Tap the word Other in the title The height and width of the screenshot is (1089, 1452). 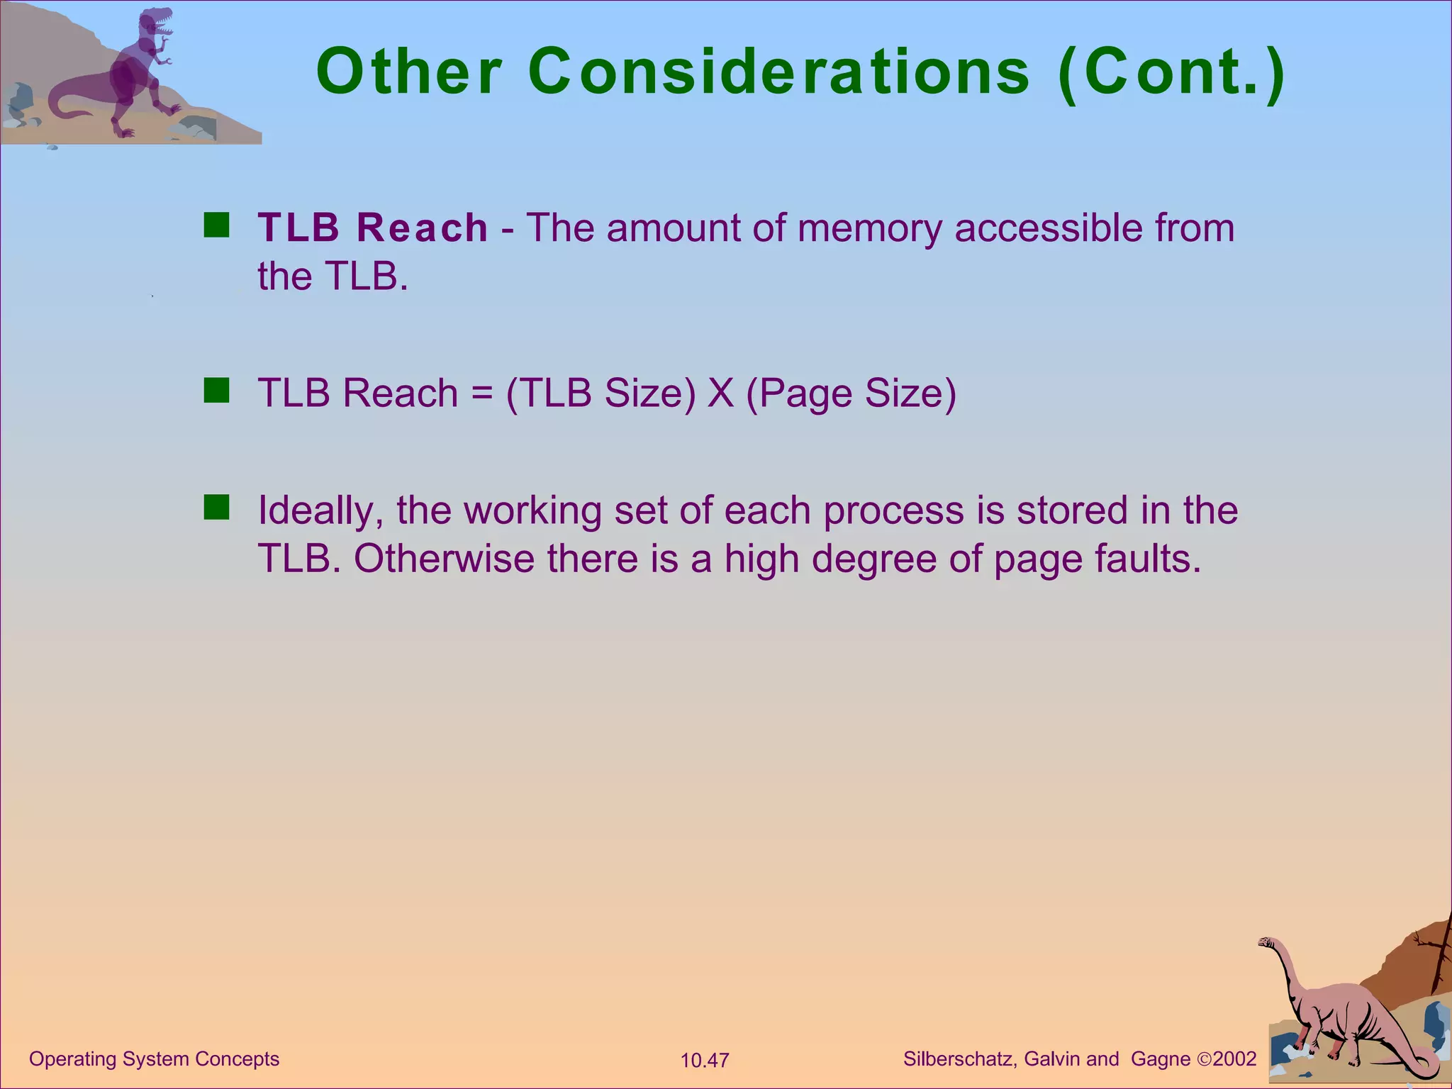click(x=409, y=72)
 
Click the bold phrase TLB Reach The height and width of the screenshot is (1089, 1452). click(x=373, y=228)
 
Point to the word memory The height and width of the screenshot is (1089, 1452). click(x=869, y=229)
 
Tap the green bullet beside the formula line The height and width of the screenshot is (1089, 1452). click(x=216, y=391)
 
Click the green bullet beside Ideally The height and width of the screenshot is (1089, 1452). click(x=216, y=508)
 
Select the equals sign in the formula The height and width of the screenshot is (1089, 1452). click(x=481, y=393)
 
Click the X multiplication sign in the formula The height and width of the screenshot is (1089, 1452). click(x=720, y=393)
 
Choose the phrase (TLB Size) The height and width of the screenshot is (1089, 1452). click(x=601, y=393)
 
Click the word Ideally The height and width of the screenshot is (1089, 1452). click(x=320, y=511)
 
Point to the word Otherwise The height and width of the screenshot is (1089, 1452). click(x=444, y=559)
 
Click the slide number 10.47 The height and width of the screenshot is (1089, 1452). click(x=705, y=1061)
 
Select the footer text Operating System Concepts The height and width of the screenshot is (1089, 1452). click(x=155, y=1059)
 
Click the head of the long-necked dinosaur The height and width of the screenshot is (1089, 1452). click(x=1268, y=942)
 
